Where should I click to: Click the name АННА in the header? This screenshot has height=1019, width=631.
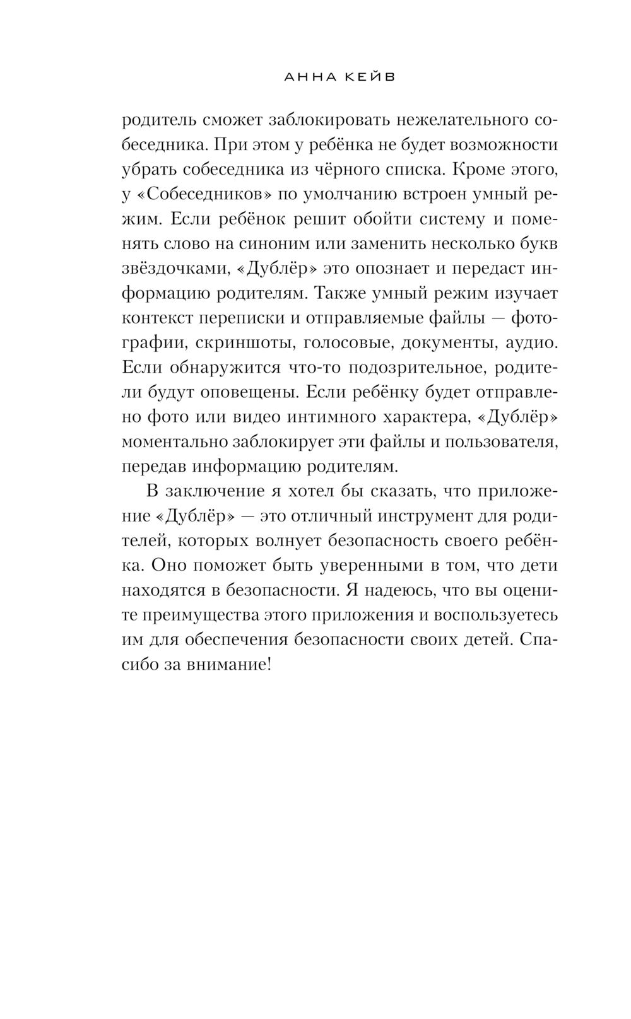tap(305, 78)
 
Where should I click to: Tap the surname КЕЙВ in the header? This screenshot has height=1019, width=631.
tap(369, 78)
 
